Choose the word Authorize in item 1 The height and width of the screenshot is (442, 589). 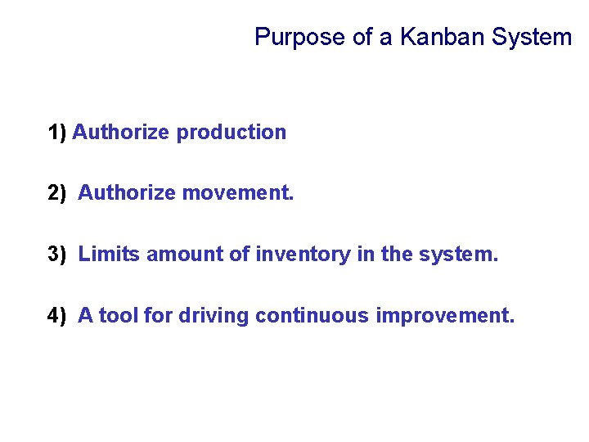tap(124, 133)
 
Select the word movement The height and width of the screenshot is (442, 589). tap(237, 193)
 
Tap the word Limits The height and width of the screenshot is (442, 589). tap(110, 255)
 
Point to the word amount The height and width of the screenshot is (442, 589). tap(184, 255)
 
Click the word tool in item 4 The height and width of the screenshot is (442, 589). tap(119, 316)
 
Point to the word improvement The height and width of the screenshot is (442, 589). tap(445, 316)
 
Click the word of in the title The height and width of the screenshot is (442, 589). tap(362, 37)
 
